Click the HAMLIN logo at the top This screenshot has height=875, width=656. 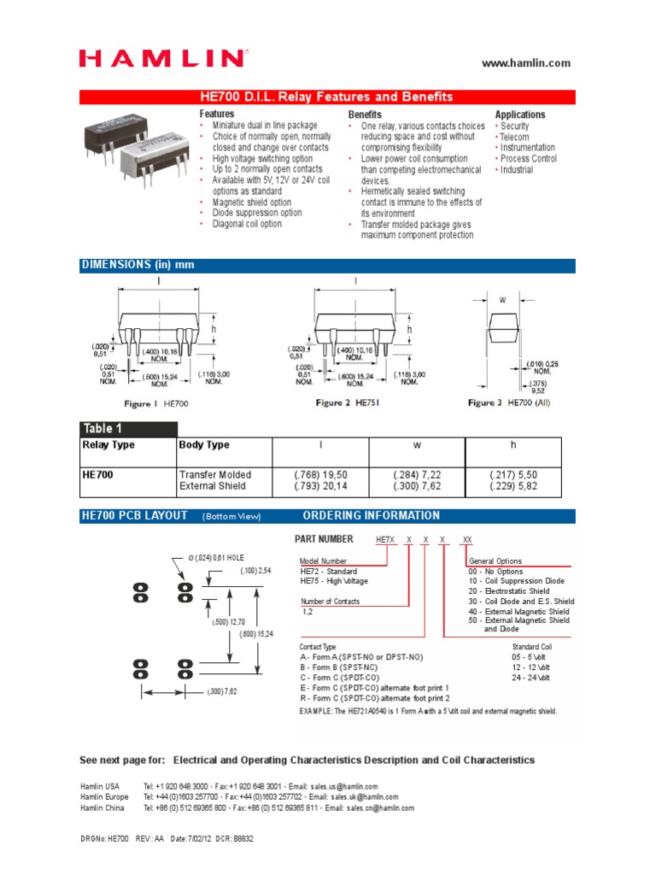click(x=161, y=58)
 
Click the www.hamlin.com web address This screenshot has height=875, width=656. click(x=526, y=63)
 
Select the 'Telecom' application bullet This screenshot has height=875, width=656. click(x=514, y=137)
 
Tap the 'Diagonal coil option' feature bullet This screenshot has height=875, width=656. click(x=247, y=224)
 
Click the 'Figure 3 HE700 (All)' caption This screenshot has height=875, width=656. click(x=510, y=402)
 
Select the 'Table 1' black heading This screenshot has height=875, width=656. click(x=102, y=429)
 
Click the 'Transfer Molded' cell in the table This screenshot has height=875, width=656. click(x=215, y=474)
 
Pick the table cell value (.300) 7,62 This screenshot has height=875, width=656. click(x=416, y=486)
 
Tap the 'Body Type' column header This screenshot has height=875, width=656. click(x=204, y=445)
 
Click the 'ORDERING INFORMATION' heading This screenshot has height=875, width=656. click(x=372, y=515)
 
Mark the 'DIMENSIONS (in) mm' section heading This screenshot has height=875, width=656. click(x=138, y=265)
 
